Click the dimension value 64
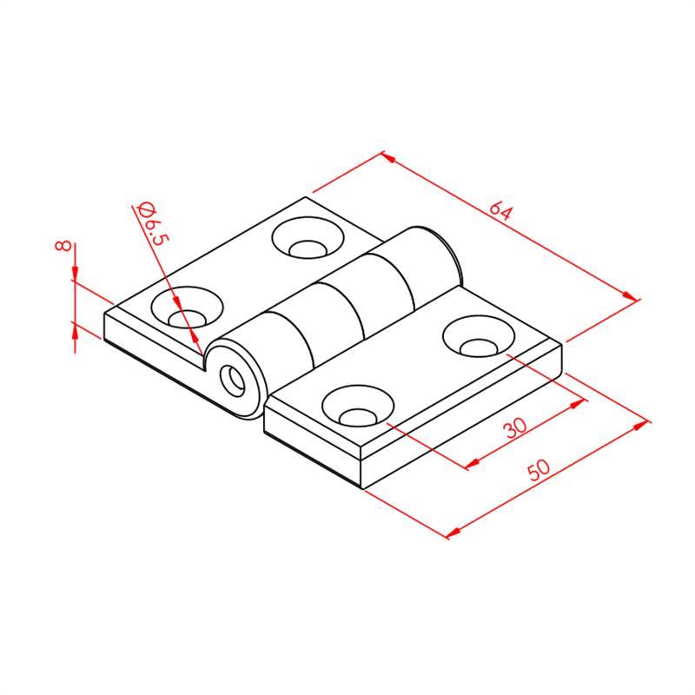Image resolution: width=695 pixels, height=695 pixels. pos(501,211)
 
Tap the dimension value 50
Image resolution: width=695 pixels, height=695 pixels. pos(539,470)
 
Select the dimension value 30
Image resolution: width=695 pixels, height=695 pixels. pos(515,427)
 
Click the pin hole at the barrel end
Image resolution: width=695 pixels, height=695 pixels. pos(233,381)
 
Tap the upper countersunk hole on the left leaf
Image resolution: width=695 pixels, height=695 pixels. pos(308,237)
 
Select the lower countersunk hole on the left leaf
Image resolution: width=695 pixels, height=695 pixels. pos(187,308)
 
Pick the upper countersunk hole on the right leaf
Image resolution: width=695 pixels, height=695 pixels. pos(480,336)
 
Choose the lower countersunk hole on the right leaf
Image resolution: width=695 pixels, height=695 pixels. pos(358,406)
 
